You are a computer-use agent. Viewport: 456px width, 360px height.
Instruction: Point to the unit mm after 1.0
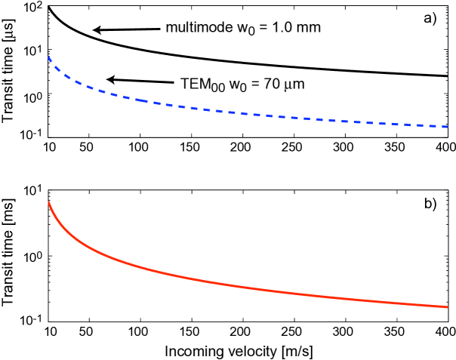308,28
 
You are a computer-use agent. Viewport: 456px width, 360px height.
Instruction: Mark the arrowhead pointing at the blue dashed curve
109,78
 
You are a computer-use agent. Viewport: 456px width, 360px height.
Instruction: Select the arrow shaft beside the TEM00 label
143,80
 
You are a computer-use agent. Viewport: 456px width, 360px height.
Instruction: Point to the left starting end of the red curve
50,202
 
